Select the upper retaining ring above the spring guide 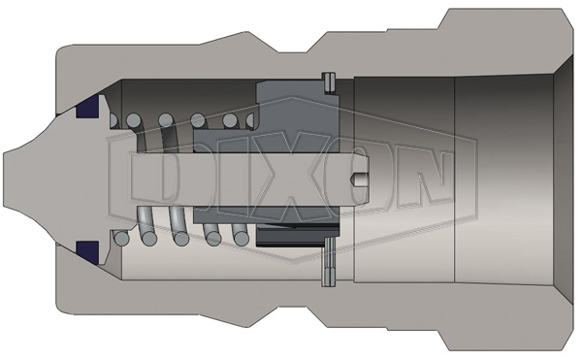tap(328, 86)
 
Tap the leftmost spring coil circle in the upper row tap(118, 121)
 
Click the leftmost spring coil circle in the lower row tap(121, 238)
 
